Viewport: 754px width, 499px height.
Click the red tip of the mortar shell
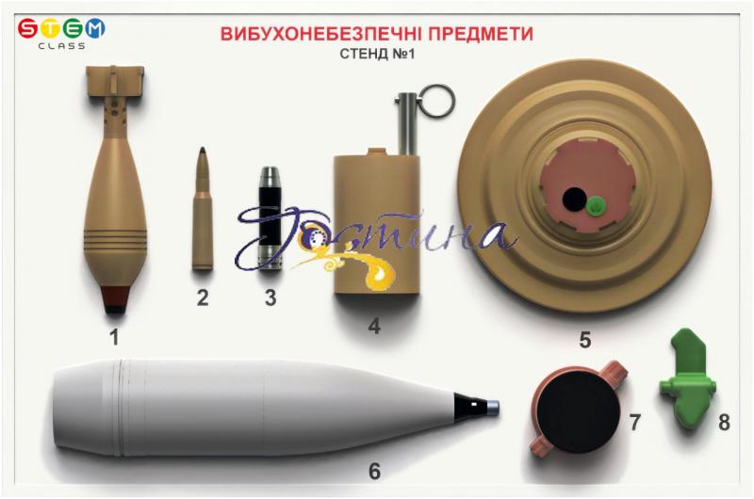point(115,298)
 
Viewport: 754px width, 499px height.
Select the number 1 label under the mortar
point(114,337)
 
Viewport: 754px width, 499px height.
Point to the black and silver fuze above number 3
point(270,218)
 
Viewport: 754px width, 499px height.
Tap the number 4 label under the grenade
point(374,326)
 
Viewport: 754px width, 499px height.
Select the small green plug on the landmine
point(596,206)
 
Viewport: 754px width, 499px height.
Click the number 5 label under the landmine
point(584,340)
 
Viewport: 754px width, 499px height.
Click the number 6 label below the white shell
point(374,471)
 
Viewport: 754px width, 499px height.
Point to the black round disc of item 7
point(578,411)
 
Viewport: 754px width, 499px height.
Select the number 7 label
point(634,423)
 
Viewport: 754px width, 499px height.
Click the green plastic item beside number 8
point(687,378)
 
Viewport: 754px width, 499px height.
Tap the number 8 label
point(724,423)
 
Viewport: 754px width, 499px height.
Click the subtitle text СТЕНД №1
point(377,54)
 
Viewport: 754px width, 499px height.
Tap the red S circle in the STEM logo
point(28,28)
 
